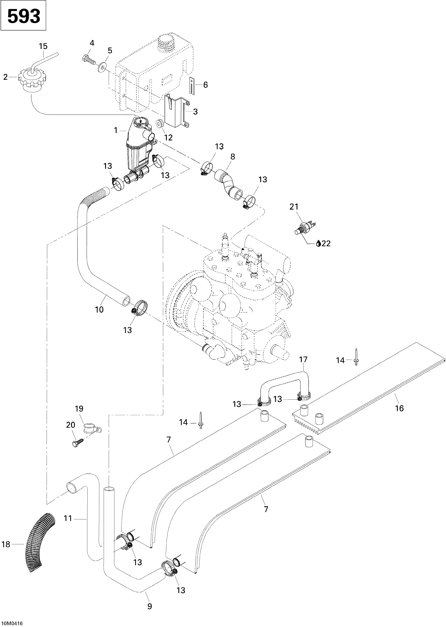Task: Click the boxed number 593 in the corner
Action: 23,16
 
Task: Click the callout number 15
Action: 43,46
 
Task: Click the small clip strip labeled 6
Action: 191,86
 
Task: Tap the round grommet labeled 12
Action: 160,124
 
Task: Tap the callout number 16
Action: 399,408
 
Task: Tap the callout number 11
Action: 68,518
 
